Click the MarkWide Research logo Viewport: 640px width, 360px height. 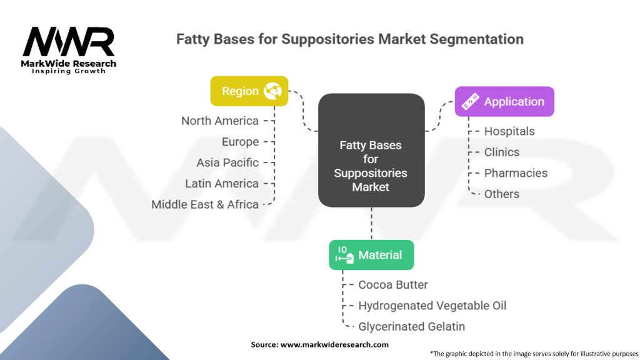(69, 49)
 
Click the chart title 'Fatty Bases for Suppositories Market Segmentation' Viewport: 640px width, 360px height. (349, 39)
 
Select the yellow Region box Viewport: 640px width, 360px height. (249, 91)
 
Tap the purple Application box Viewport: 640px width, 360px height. (504, 102)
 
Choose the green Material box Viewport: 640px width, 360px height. (371, 255)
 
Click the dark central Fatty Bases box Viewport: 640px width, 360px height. (371, 151)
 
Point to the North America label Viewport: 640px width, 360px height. (219, 121)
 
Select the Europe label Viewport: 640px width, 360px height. (240, 142)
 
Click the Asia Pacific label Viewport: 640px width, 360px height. (227, 162)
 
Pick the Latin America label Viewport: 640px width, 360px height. (221, 183)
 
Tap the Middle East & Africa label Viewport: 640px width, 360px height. (204, 204)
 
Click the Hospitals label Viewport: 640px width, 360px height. (509, 131)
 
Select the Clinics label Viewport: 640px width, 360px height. (501, 152)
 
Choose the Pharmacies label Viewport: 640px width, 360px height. (516, 173)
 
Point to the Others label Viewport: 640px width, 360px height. (501, 194)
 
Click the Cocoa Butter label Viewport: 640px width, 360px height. (392, 284)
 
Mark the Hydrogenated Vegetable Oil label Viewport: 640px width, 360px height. (432, 306)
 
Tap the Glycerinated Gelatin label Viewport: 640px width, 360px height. (411, 326)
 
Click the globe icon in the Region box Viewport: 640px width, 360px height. (273, 91)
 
